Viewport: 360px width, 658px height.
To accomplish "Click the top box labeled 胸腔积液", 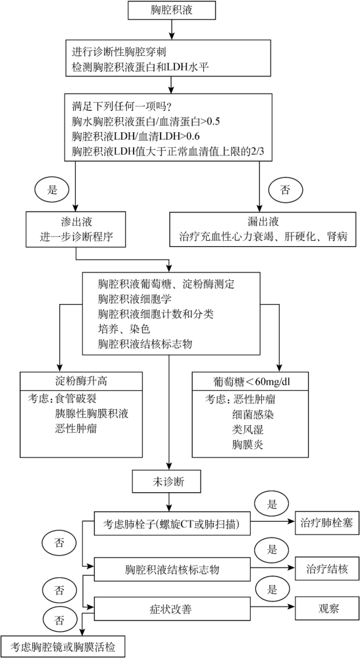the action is [172, 11].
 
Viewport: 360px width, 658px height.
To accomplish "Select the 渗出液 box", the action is [76, 229].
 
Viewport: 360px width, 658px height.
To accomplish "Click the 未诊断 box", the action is [169, 482].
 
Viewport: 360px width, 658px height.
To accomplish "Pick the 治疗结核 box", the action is [326, 569].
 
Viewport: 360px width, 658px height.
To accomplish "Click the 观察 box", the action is [326, 609].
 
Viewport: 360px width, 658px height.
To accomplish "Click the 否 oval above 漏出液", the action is [285, 190].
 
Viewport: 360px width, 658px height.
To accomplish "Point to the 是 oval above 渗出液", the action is [51, 190].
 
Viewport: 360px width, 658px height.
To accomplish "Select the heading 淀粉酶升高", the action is [81, 381].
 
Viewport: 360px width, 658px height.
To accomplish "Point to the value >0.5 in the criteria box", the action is [209, 122].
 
